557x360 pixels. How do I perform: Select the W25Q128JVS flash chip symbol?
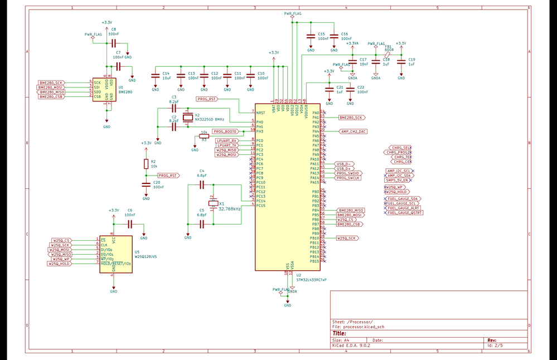pyautogui.click(x=116, y=254)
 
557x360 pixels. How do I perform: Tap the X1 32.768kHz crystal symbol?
pyautogui.click(x=212, y=203)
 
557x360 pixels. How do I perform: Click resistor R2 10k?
pyautogui.click(x=146, y=164)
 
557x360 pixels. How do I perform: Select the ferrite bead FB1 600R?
pyautogui.click(x=389, y=55)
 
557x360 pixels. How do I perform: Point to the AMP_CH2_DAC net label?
pyautogui.click(x=353, y=132)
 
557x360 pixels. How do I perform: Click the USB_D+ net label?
pyautogui.click(x=344, y=168)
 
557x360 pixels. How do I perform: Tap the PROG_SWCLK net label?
pyautogui.click(x=348, y=178)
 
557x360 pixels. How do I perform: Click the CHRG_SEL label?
pyautogui.click(x=401, y=147)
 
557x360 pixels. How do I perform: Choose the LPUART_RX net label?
pyautogui.click(x=227, y=140)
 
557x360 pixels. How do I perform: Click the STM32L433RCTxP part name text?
pyautogui.click(x=311, y=280)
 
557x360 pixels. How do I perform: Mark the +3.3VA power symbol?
pyautogui.click(x=352, y=43)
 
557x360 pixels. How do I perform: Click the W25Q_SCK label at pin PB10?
pyautogui.click(x=347, y=238)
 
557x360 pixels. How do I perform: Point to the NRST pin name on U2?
pyautogui.click(x=260, y=113)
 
